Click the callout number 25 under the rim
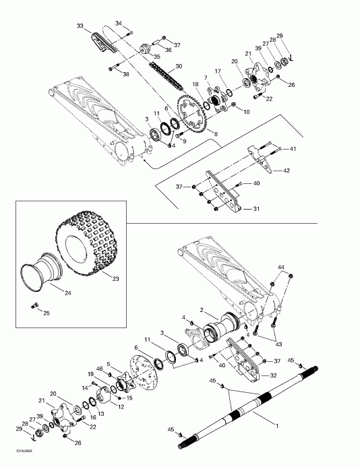[46, 313]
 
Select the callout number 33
[80, 26]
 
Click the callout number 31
[256, 209]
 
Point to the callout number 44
[281, 268]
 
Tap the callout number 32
[274, 375]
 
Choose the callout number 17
[218, 71]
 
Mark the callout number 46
[99, 369]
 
